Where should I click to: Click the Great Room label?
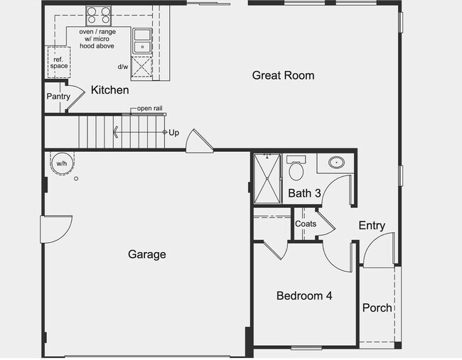(283, 75)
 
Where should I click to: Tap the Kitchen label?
(110, 90)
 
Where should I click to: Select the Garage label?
(147, 254)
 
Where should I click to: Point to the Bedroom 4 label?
(304, 296)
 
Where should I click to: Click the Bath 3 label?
(304, 193)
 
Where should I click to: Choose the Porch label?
(377, 307)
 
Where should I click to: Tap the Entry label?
(371, 226)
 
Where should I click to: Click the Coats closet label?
(306, 224)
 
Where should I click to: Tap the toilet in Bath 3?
(296, 170)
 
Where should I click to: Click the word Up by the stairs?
(173, 132)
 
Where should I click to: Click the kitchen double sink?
(142, 40)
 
